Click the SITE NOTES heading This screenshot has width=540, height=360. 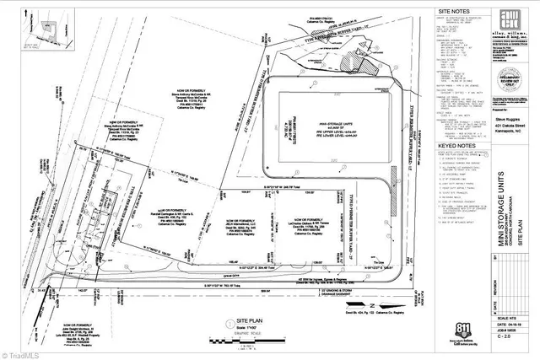pyautogui.click(x=451, y=13)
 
